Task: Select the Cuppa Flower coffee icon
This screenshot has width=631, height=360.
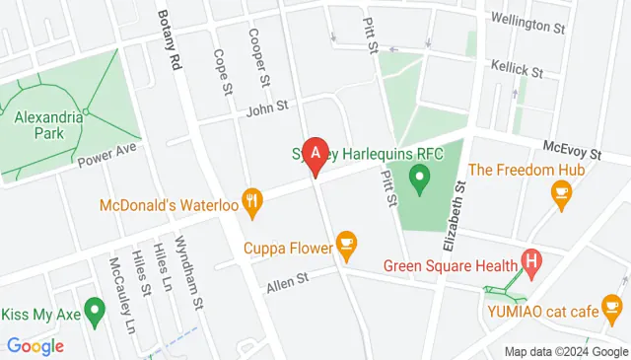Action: click(346, 241)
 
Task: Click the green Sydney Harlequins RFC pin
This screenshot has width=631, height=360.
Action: click(421, 179)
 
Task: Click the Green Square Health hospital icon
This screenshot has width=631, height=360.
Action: click(532, 262)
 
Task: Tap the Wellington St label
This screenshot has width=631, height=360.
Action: click(526, 20)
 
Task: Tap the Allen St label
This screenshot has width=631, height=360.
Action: click(287, 283)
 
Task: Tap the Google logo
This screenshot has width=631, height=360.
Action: click(35, 346)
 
